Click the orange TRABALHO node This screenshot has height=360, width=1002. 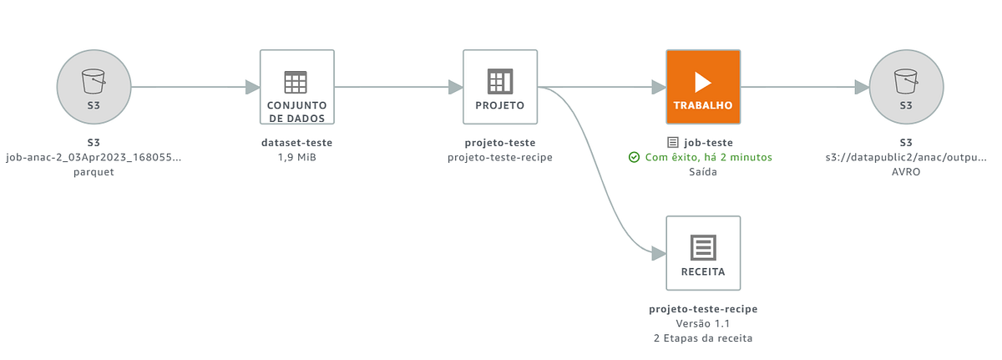702,86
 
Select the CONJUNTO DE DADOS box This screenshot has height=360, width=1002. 296,86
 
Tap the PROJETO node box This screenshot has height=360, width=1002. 499,86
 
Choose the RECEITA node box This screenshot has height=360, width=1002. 702,252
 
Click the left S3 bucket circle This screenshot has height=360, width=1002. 94,87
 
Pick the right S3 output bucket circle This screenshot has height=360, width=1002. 905,87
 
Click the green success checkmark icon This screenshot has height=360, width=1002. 634,157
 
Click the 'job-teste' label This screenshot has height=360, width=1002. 708,143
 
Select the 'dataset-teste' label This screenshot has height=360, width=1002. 296,143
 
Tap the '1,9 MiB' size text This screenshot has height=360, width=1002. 296,157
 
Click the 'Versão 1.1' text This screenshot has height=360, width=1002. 702,323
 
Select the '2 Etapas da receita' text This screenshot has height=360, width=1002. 702,337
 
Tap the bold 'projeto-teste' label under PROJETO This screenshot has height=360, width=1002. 499,143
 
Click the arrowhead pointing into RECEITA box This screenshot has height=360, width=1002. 658,252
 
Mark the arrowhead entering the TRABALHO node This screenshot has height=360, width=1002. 658,87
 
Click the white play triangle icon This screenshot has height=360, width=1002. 703,81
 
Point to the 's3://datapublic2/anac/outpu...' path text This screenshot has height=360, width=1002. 905,157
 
